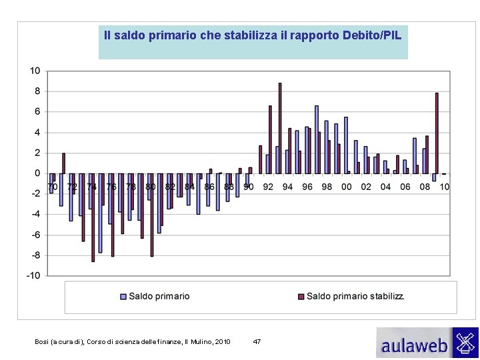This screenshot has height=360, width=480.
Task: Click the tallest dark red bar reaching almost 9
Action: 280,128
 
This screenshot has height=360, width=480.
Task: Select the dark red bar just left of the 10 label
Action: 437,133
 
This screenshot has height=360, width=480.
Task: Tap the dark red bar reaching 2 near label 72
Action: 64,163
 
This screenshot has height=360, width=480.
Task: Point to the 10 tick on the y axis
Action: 35,71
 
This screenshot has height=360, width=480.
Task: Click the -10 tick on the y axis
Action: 33,275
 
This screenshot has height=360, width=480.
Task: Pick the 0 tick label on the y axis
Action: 37,173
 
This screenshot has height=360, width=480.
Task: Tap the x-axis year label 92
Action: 268,187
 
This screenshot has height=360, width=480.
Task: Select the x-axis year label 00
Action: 346,187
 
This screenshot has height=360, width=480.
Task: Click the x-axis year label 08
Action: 425,187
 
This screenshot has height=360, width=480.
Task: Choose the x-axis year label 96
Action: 307,187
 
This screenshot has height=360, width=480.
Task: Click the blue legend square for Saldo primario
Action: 123,297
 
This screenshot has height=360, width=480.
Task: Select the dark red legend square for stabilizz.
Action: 301,297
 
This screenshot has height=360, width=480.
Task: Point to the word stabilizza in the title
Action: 251,35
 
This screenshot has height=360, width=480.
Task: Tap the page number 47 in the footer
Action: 257,341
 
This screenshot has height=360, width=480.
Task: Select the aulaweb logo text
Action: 414,345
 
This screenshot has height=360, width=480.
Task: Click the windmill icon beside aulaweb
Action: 465,342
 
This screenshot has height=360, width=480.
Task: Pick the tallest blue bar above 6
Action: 317,140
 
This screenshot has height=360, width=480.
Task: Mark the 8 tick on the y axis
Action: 37,91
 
